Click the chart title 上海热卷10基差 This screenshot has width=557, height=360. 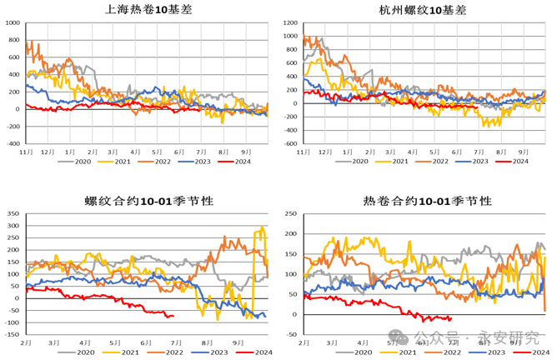point(145,10)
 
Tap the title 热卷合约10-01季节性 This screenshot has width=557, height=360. point(425,201)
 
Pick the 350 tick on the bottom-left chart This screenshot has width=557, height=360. point(13,213)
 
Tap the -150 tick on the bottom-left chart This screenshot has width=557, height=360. point(12,335)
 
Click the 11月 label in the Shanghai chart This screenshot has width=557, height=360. point(26,153)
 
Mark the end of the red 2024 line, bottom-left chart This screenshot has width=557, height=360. point(173,315)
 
